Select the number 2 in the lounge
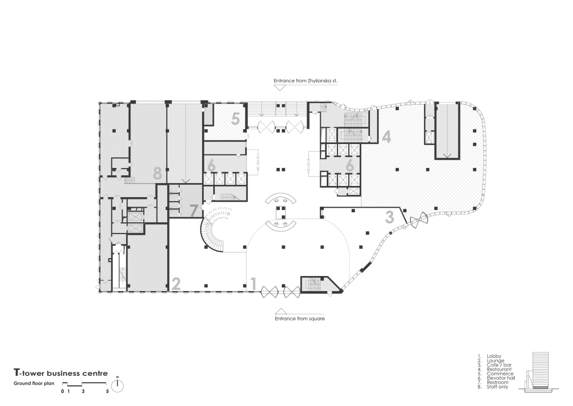(x=175, y=283)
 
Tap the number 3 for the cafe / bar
(x=390, y=217)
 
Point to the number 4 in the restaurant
(x=387, y=136)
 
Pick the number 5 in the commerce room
(x=236, y=119)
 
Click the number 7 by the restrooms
(x=194, y=211)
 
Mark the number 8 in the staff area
(x=158, y=174)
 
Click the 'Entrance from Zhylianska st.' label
(x=306, y=81)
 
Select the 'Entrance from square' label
(x=299, y=318)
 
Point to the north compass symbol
(x=118, y=386)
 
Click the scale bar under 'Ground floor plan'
(x=84, y=384)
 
